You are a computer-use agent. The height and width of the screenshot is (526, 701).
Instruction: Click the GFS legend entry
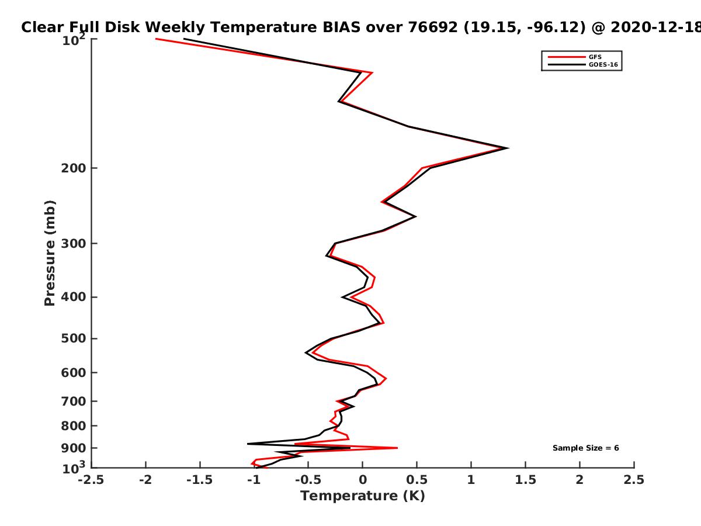click(x=575, y=57)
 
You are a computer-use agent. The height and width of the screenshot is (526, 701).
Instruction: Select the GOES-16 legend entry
click(x=583, y=65)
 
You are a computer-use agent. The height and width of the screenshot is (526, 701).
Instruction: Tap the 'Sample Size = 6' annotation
click(x=586, y=448)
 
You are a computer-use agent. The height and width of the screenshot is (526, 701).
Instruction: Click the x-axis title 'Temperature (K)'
click(x=363, y=496)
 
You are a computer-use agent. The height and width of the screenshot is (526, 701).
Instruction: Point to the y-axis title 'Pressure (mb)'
click(x=50, y=253)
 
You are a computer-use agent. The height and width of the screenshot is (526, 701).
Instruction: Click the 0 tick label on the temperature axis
click(x=363, y=480)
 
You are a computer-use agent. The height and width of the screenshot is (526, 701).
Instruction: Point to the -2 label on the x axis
click(x=145, y=480)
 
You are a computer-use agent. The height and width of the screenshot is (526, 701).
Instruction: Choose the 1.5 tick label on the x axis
click(x=525, y=480)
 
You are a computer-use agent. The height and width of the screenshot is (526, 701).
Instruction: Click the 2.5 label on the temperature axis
click(x=634, y=480)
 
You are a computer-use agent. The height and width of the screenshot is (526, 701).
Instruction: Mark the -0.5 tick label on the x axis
click(x=308, y=480)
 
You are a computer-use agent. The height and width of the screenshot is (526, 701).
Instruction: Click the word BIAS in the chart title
click(x=341, y=27)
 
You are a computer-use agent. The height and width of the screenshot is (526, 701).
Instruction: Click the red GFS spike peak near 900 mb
click(x=397, y=448)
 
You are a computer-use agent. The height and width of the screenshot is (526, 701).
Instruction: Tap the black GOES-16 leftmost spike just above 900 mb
click(x=248, y=444)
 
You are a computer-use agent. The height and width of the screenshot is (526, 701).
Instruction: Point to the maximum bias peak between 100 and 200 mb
click(x=508, y=148)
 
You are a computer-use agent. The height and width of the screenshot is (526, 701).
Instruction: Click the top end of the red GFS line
click(x=156, y=39)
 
